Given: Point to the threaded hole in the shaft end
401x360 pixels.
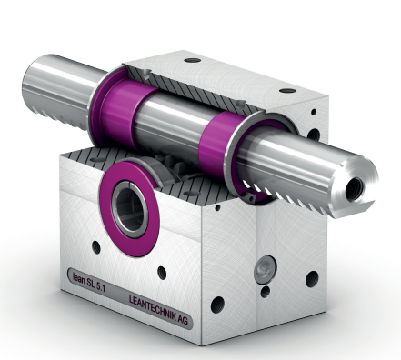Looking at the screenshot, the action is click(356, 187).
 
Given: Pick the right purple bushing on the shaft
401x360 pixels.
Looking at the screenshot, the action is click(219, 141).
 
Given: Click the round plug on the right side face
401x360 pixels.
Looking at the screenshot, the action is click(266, 268).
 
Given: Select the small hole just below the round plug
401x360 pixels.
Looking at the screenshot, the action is click(266, 292).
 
